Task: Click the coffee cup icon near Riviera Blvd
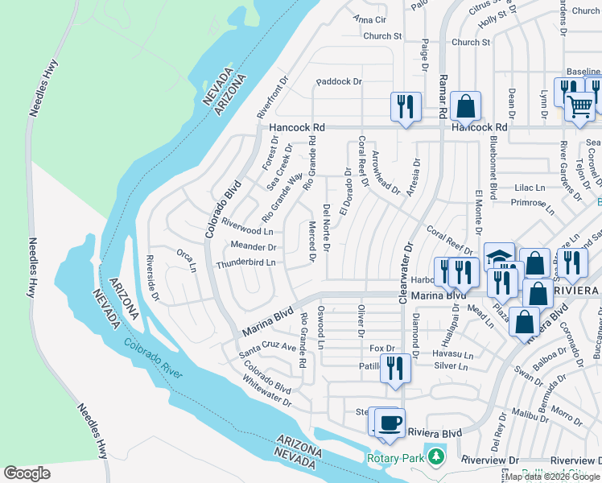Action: (x=390, y=422)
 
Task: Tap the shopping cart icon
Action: (x=579, y=105)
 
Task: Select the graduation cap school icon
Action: (x=499, y=256)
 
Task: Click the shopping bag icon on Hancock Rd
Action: (x=465, y=105)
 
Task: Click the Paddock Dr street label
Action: (x=339, y=81)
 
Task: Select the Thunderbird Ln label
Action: (x=245, y=262)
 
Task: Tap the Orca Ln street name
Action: (x=187, y=261)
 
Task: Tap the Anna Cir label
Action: (x=369, y=19)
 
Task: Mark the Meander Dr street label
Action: (x=254, y=247)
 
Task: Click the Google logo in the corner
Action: (x=27, y=473)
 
